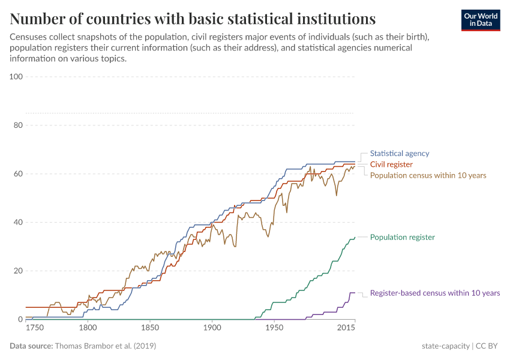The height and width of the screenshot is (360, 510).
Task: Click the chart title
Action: [x=193, y=19]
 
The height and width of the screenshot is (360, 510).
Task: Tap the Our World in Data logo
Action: [x=480, y=20]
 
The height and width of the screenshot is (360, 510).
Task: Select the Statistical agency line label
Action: [x=400, y=154]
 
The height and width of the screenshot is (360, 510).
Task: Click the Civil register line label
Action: [x=391, y=164]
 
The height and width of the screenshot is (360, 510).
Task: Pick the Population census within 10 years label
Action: [x=428, y=175]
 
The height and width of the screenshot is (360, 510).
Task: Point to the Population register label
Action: [x=402, y=237]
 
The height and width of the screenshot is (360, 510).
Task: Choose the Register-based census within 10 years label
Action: [x=434, y=293]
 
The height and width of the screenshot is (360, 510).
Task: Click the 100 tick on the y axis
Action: [x=16, y=77]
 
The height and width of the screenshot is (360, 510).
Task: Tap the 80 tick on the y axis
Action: [x=18, y=125]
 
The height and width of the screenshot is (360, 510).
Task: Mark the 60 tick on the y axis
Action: [x=18, y=174]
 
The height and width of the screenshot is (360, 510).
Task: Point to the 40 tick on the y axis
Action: [x=18, y=222]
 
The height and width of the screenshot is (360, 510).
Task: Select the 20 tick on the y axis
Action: [x=18, y=271]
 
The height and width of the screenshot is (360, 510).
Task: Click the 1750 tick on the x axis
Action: [x=34, y=328]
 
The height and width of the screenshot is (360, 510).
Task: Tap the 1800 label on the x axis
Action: [x=88, y=328]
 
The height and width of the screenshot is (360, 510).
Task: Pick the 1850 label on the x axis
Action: [x=150, y=328]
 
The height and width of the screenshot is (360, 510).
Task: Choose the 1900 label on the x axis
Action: [x=212, y=328]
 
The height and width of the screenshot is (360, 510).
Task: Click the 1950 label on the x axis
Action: [x=274, y=328]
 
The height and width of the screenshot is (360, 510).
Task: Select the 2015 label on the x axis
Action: [x=346, y=328]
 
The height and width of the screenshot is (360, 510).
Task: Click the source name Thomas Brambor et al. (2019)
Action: [x=105, y=346]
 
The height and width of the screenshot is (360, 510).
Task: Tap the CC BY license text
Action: [x=489, y=346]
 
